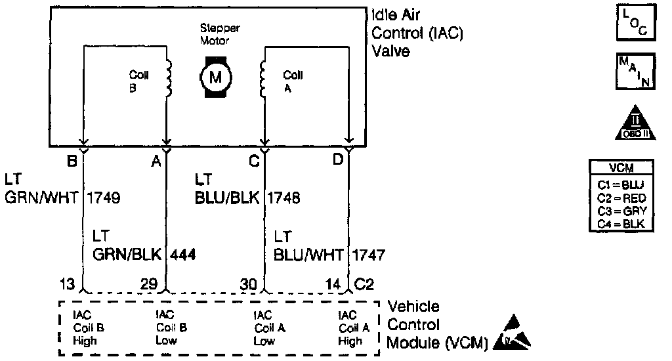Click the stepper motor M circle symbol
coord(215,76)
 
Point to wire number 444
coord(183,253)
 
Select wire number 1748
coord(283,197)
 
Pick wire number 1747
coord(369,253)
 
